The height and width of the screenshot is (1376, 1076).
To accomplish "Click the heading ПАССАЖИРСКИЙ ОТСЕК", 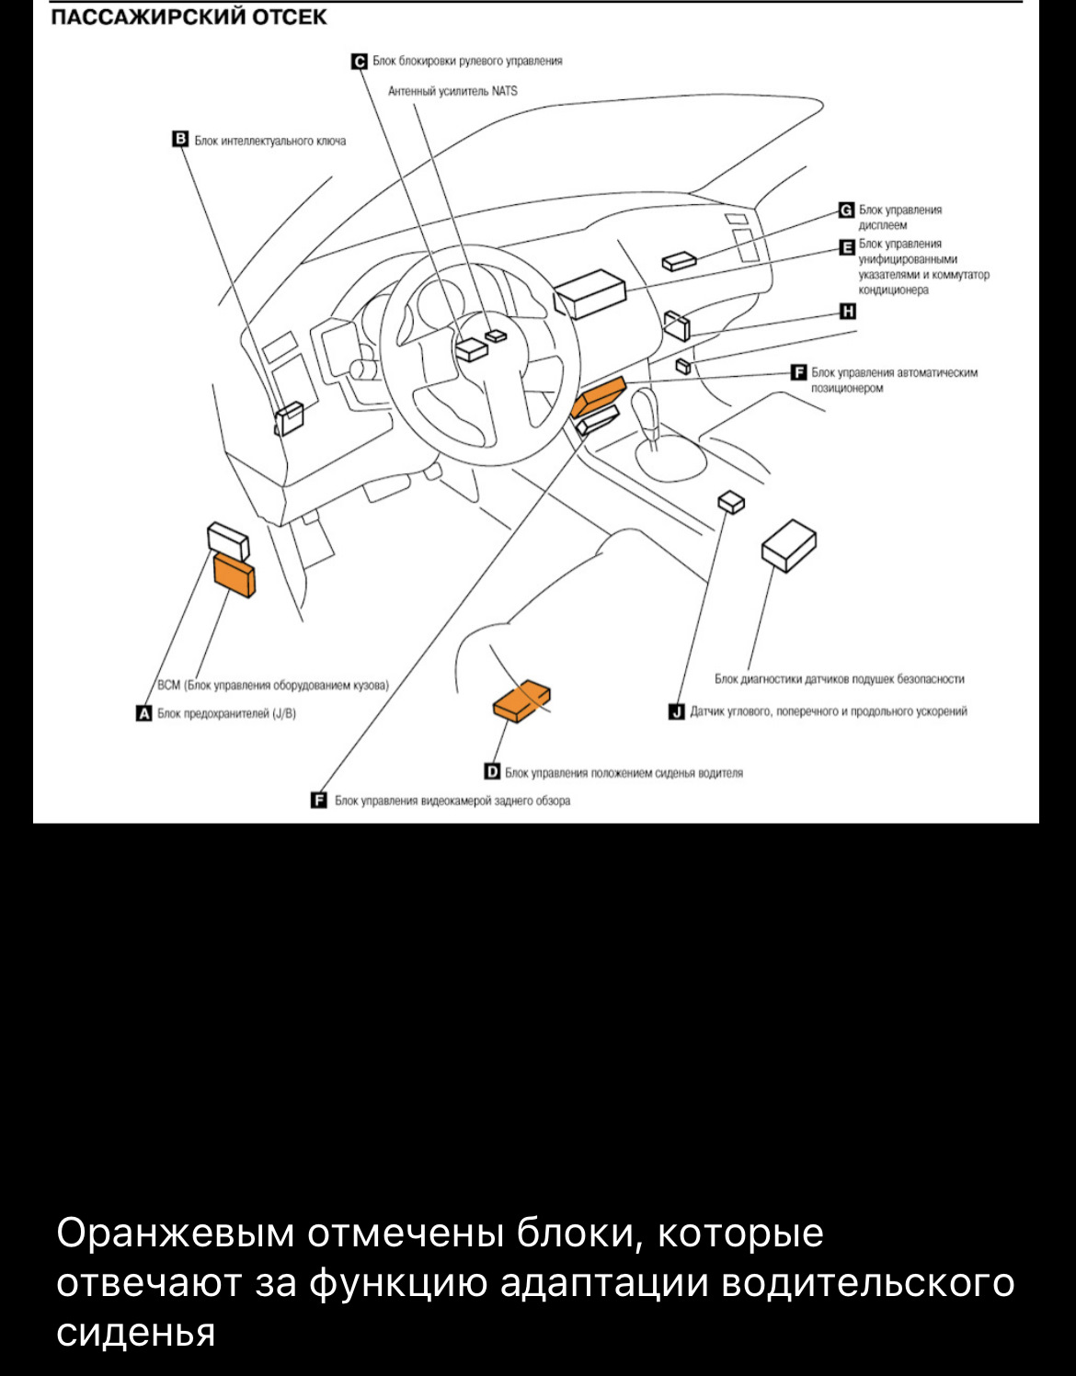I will point(188,17).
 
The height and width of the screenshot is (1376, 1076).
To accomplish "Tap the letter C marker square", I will point(360,62).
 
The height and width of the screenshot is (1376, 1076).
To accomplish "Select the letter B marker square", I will point(180,140).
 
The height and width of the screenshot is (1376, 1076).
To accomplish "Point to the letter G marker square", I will point(846,210).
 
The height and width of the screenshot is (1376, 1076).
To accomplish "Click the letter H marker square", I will point(847,312).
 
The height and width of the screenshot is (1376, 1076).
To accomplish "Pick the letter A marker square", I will point(143,713).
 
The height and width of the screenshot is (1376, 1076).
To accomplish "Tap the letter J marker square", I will point(677,711).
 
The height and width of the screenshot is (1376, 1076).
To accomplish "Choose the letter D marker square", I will point(492,772).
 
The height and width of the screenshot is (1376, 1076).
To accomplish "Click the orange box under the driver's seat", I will point(521,702).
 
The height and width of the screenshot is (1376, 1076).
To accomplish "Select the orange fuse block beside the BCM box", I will point(235,574).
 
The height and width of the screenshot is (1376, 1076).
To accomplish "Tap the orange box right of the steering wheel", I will point(599,397).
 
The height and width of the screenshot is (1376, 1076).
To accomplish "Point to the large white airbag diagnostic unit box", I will point(789,544).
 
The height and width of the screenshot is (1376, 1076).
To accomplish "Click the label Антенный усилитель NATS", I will point(452,91).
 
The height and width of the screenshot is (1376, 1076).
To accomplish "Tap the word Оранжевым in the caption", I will point(175,1233).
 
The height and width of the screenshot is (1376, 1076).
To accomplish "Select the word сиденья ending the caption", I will point(135,1332).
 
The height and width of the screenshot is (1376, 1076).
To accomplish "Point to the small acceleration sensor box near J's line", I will point(732,501).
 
